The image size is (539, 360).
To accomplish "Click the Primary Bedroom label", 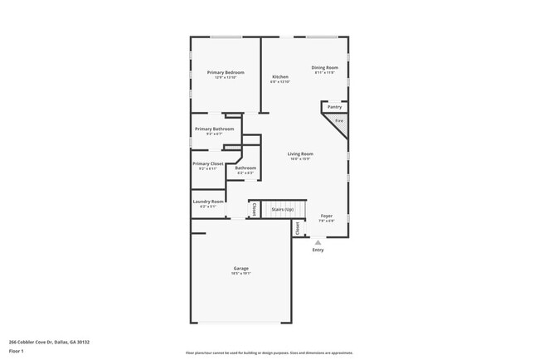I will tap(226, 74).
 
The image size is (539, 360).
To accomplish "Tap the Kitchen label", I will tap(280, 78).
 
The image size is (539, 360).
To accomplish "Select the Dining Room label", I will tap(325, 69).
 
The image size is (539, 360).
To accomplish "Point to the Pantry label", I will tap(335, 106).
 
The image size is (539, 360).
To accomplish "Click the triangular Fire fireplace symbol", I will tap(338, 122).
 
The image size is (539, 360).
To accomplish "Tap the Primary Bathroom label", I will tap(214, 129).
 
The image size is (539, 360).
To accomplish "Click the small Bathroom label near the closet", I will tap(245, 169).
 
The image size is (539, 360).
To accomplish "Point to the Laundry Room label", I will tap(208, 202).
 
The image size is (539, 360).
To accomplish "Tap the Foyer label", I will tap(327, 217).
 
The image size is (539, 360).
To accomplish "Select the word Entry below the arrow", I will tap(318, 250).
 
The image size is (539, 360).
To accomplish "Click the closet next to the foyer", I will tap(298, 226).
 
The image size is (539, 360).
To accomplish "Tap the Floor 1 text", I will tap(17, 351).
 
